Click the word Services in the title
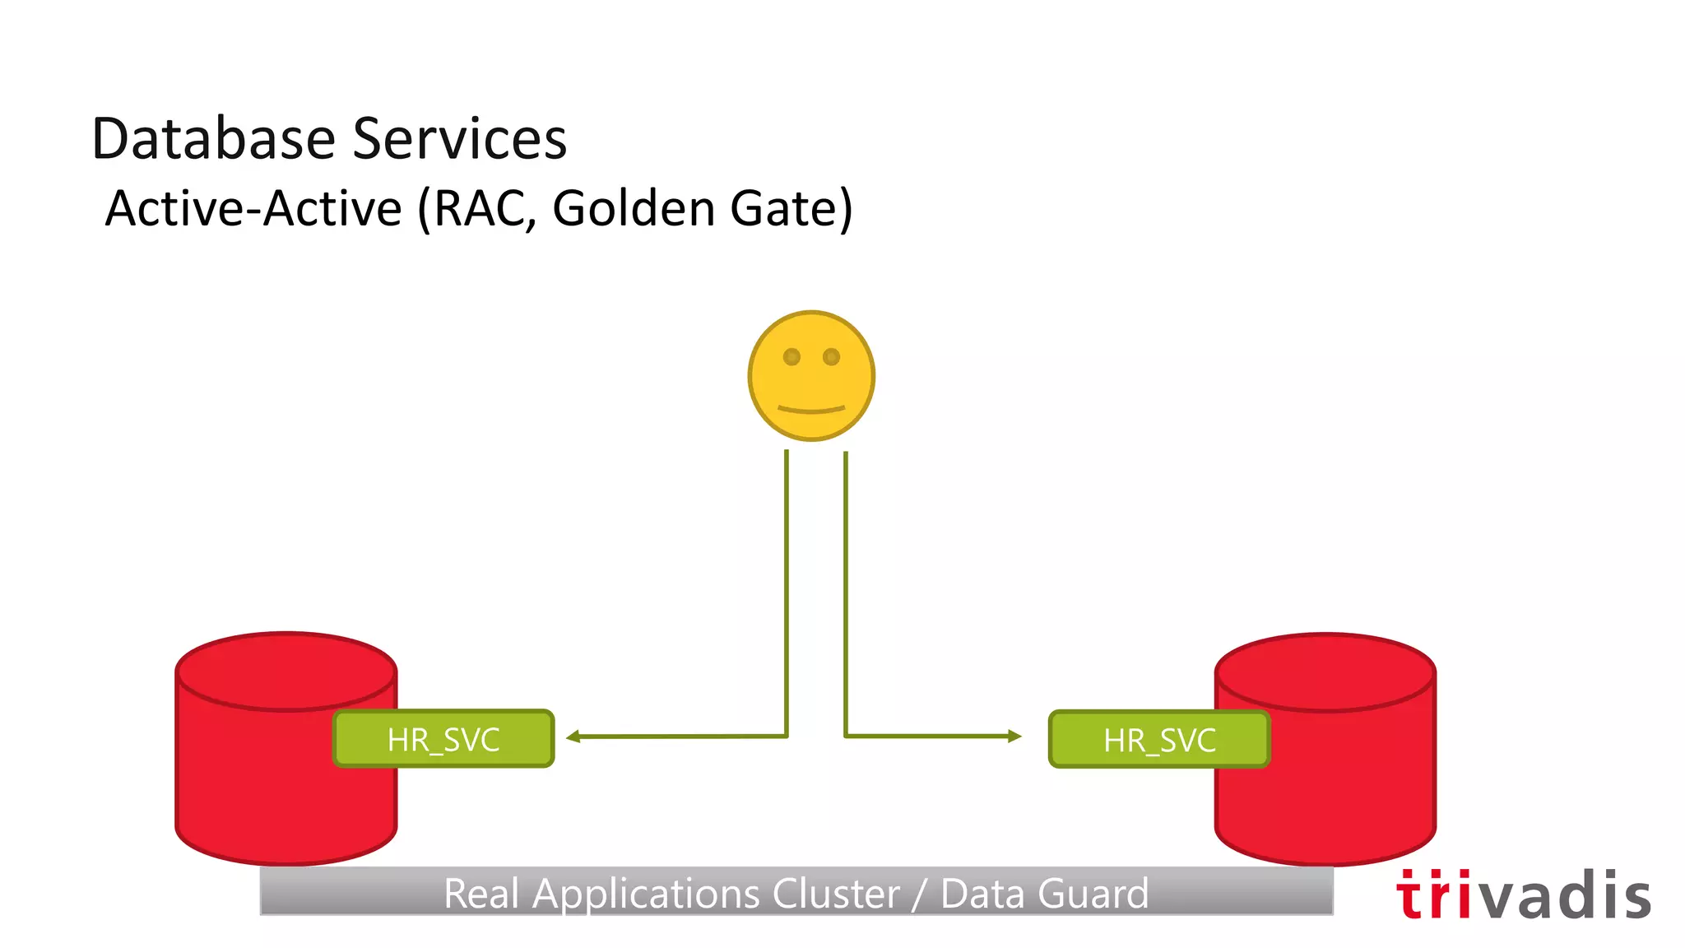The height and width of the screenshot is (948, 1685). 460,138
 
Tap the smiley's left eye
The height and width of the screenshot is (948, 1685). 791,357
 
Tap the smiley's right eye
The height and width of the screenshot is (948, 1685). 831,357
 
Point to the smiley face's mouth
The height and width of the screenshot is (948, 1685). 811,409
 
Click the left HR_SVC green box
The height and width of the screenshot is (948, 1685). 443,739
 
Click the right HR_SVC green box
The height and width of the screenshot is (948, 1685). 1159,740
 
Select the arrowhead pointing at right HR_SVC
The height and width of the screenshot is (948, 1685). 1014,737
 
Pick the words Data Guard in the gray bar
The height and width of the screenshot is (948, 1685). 1044,894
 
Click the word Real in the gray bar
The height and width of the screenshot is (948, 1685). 481,894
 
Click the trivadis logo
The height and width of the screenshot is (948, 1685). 1523,895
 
